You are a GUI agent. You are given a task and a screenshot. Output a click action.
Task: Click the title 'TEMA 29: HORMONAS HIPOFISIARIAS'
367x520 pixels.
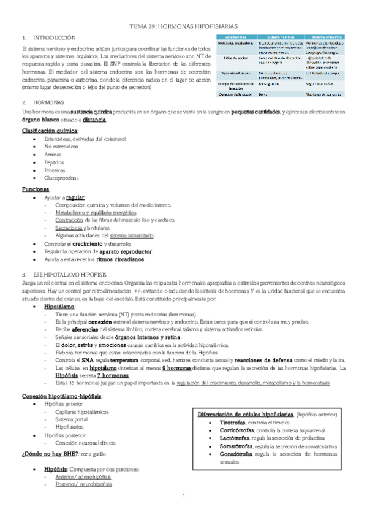click(x=183, y=28)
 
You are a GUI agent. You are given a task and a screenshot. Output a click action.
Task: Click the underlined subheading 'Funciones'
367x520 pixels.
click(x=35, y=189)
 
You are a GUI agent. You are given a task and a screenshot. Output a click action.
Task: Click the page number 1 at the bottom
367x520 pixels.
click(x=184, y=495)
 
